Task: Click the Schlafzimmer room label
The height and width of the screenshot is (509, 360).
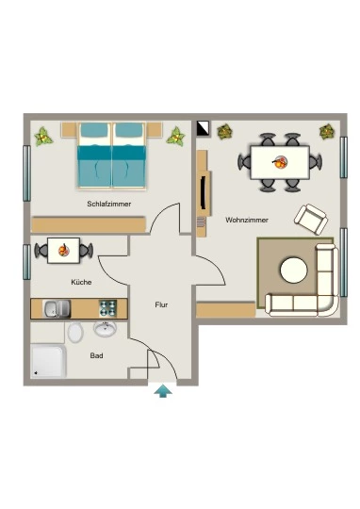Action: pos(109,205)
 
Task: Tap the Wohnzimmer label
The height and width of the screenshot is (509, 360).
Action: pos(247,220)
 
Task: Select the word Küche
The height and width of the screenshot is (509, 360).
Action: pos(81,282)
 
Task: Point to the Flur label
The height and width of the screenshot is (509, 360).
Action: pos(161,304)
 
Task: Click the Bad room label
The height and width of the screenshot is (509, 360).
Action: pos(96,355)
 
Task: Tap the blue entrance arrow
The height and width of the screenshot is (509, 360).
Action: pos(163,391)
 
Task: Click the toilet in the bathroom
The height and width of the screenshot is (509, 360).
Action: pos(75,332)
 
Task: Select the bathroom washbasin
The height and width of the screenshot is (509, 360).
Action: pos(105,329)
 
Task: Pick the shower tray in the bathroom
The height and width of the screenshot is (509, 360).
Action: pos(49,361)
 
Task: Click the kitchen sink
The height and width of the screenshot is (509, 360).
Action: pos(57,308)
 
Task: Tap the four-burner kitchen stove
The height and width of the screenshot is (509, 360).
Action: pos(108,308)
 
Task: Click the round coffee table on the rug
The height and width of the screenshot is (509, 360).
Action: pos(294,271)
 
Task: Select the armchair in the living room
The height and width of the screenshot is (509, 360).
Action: pos(311,219)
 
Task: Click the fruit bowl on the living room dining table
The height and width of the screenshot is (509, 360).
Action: pos(280,162)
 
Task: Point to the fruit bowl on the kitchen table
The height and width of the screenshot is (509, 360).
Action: pos(64,251)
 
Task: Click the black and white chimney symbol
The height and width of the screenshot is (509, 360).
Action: pos(204,128)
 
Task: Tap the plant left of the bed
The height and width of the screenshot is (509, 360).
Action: pos(43,137)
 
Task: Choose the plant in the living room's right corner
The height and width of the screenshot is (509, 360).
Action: pos(327,131)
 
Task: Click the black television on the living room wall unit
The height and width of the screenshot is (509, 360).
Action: pos(204,192)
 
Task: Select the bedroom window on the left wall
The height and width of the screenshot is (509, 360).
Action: pos(27,173)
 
